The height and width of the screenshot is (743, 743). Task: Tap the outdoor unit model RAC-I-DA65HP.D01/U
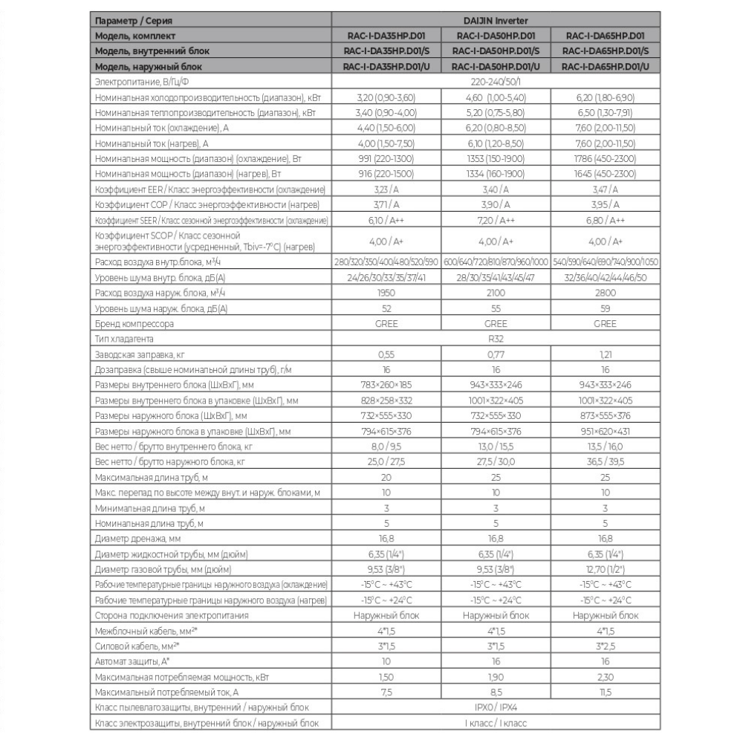click(606, 67)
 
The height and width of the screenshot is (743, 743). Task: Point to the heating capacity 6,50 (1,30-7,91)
click(606, 114)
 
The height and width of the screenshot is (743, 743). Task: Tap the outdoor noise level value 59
click(606, 308)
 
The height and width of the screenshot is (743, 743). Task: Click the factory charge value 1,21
click(606, 354)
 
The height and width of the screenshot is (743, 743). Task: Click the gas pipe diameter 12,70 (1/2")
click(606, 570)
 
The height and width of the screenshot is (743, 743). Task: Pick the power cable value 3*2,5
click(606, 646)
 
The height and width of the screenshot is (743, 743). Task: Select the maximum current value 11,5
click(606, 692)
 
